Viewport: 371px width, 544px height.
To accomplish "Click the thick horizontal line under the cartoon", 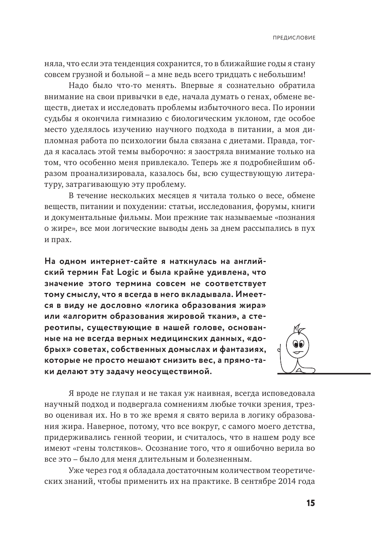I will (323, 374).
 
